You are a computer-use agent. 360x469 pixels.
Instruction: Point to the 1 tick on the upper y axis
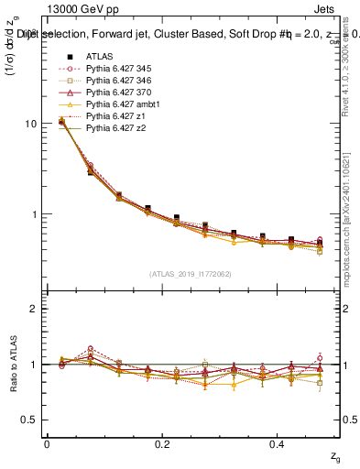pos(36,214)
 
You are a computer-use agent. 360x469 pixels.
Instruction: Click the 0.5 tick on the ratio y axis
pos(31,420)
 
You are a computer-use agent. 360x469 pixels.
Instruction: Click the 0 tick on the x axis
pos(47,443)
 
